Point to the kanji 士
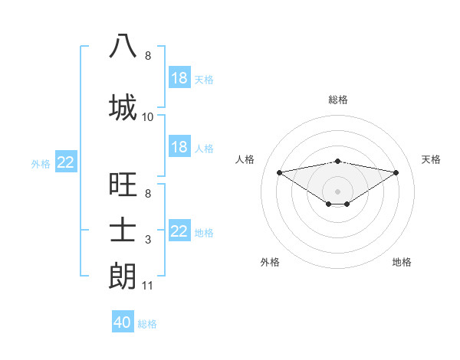pyautogui.click(x=123, y=231)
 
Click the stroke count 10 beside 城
pyautogui.click(x=148, y=117)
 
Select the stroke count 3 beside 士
pyautogui.click(x=148, y=241)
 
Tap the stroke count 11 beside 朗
pyautogui.click(x=148, y=286)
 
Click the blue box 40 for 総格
pyautogui.click(x=123, y=322)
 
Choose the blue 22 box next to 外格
pyautogui.click(x=66, y=162)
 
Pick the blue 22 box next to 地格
pyautogui.click(x=179, y=231)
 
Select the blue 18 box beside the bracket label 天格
pyautogui.click(x=179, y=78)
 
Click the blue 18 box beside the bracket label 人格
pyautogui.click(x=179, y=147)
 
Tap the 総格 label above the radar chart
pyautogui.click(x=337, y=100)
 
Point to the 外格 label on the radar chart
pyautogui.click(x=270, y=262)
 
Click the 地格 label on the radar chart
pyautogui.click(x=402, y=262)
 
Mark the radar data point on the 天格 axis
pyautogui.click(x=396, y=172)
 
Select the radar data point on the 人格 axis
pyautogui.click(x=279, y=172)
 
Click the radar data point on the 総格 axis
pyautogui.click(x=337, y=161)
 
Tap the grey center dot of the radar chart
pyautogui.click(x=337, y=190)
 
